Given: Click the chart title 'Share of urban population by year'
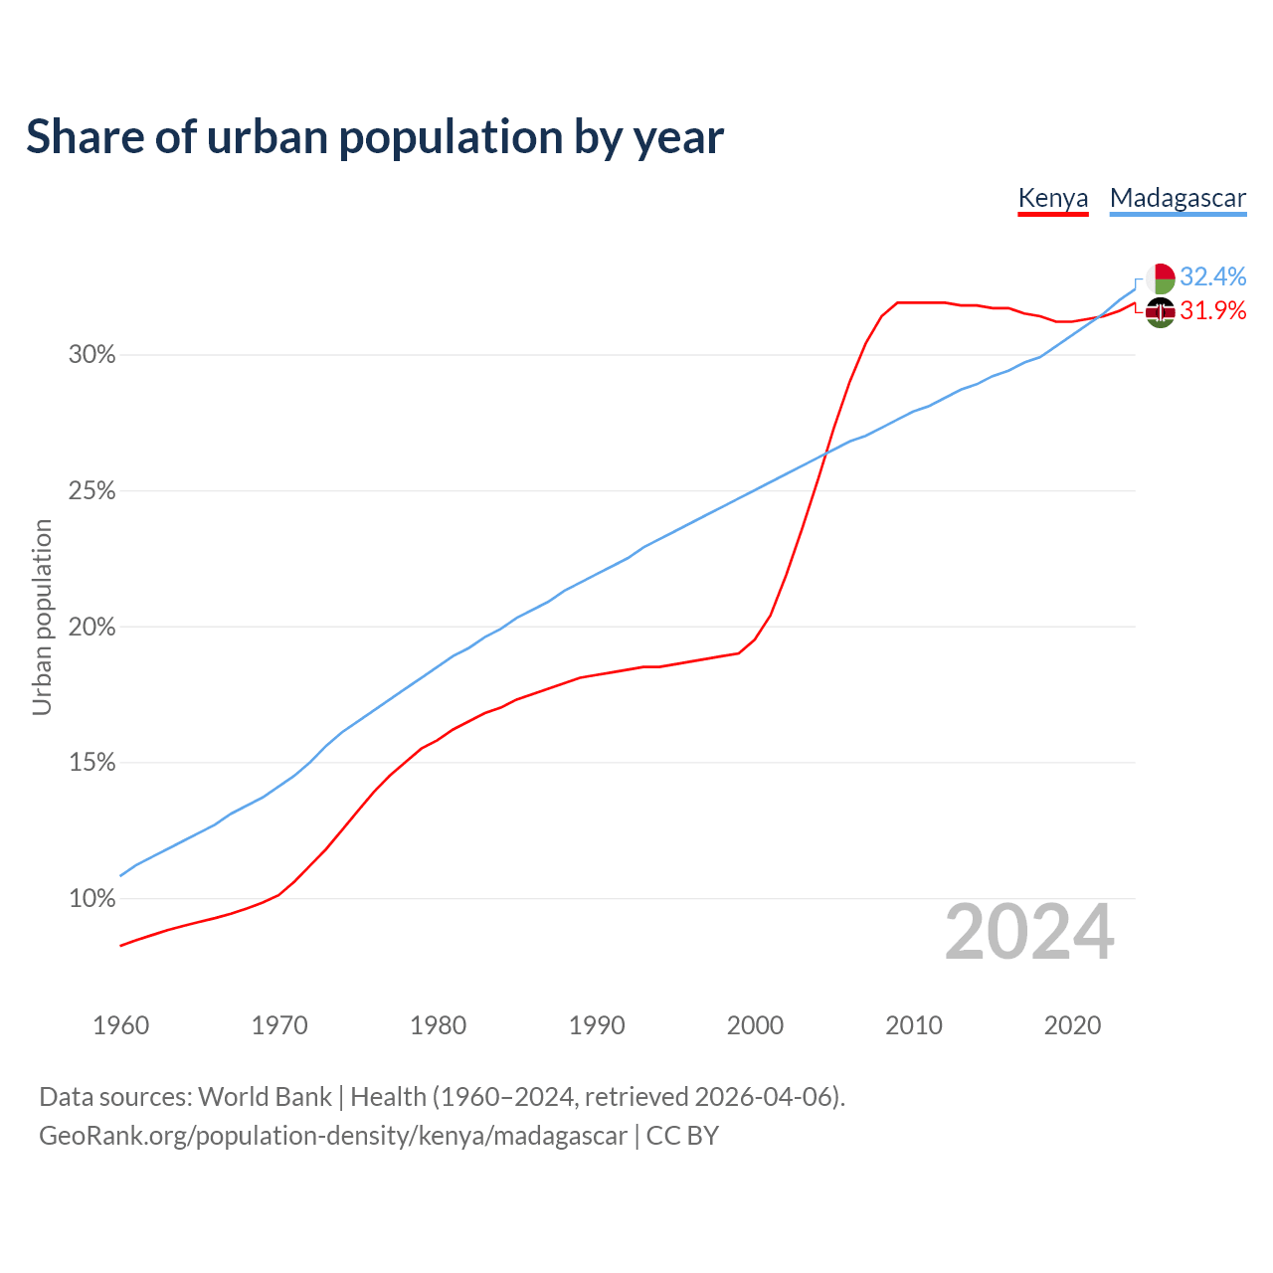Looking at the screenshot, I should (375, 137).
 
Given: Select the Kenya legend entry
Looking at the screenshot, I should (1053, 198).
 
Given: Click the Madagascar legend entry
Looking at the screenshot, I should (1178, 198).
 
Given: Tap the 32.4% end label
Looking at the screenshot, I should (1213, 276).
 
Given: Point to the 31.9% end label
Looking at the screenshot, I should (1213, 311).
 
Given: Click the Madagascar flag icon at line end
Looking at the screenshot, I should (1161, 277).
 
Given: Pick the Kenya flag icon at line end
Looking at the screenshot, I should (1161, 312).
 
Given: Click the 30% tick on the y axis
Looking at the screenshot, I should (92, 355).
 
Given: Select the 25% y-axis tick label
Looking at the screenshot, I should (92, 491).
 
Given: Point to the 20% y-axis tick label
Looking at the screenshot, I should (92, 628).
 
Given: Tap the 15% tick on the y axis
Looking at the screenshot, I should (92, 763).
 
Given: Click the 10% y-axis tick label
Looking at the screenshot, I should (92, 899).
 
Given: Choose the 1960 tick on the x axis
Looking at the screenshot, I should (121, 1025).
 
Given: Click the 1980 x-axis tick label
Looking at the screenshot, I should (439, 1025).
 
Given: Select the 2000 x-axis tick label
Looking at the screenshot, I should (756, 1025).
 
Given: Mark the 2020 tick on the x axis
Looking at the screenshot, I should (1072, 1025).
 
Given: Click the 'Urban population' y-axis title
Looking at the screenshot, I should (42, 617).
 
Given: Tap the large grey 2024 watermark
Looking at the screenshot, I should (1029, 933).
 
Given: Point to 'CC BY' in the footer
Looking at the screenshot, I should (682, 1136).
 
